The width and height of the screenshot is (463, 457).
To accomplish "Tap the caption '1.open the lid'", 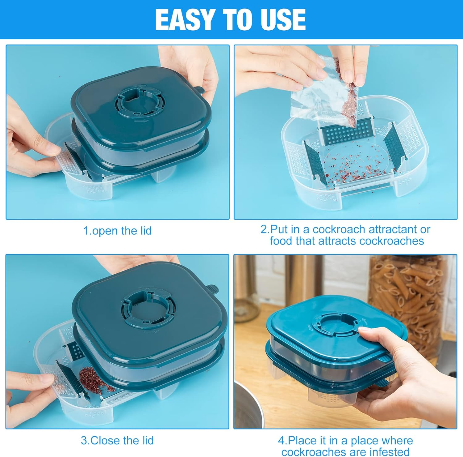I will click(117, 231).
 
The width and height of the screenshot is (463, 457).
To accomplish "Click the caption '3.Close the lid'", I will click(117, 440).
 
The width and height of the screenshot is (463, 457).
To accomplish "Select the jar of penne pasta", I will click(407, 306).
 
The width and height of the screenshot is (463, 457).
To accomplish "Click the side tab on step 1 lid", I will click(199, 90).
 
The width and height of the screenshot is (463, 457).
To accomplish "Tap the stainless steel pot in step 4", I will click(247, 405).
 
